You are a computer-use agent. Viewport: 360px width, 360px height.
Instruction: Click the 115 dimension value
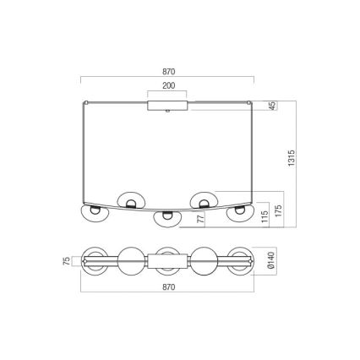coord(265,213)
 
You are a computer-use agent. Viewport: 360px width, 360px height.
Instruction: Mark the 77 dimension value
coord(201,219)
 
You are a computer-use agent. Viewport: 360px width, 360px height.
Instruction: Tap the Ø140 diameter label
coord(270,261)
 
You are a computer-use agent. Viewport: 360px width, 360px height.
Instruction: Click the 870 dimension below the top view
coord(167,288)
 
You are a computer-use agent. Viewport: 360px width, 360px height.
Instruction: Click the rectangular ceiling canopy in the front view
coord(167,106)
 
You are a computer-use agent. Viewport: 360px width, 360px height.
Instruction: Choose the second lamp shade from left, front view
coord(131,200)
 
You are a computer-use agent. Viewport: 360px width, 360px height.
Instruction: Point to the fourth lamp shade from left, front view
coord(204,200)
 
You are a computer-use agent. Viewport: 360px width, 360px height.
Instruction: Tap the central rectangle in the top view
coord(167,261)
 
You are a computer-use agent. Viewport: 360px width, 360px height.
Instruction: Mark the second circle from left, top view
coord(131,261)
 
